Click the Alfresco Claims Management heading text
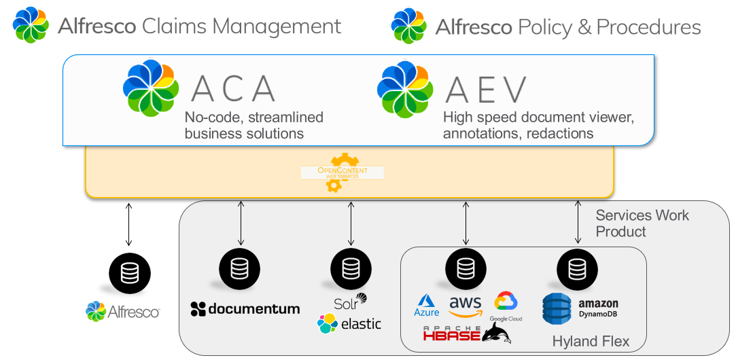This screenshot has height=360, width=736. pyautogui.click(x=199, y=26)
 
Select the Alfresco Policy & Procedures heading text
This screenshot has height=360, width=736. pyautogui.click(x=567, y=27)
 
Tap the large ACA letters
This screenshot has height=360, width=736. pyautogui.click(x=233, y=89)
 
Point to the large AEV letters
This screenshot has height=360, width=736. pyautogui.click(x=486, y=90)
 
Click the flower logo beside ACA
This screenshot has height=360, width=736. pyautogui.click(x=150, y=88)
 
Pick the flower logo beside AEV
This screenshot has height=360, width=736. pyautogui.click(x=405, y=89)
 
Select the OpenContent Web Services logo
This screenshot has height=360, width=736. pyautogui.click(x=342, y=173)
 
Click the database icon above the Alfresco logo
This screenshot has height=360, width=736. pyautogui.click(x=129, y=274)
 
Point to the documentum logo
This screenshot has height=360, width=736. pyautogui.click(x=245, y=309)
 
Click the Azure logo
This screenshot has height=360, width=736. pyautogui.click(x=427, y=306)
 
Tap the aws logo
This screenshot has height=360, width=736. pyautogui.click(x=466, y=306)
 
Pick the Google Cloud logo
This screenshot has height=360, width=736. pyautogui.click(x=506, y=306)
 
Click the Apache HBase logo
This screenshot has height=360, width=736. pyautogui.click(x=451, y=334)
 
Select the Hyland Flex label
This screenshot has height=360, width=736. pyautogui.click(x=591, y=341)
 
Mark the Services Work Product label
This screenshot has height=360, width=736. pyautogui.click(x=642, y=223)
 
